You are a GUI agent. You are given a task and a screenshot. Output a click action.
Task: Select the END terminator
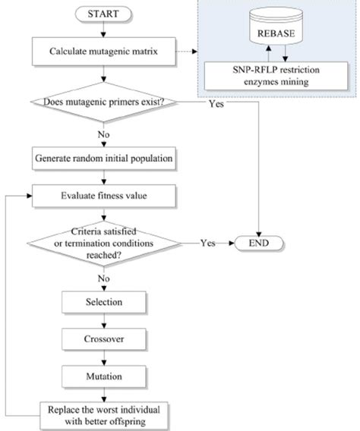point(261,244)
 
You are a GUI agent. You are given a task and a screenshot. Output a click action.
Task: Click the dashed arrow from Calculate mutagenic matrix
point(187,51)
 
